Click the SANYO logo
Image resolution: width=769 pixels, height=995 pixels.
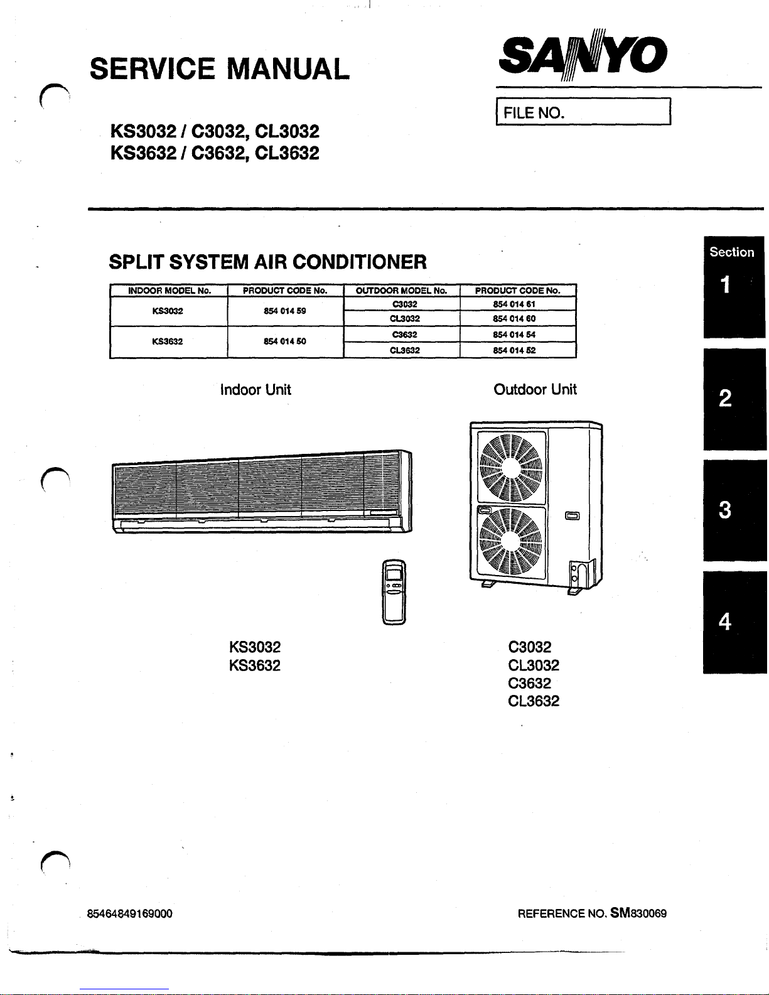click(x=583, y=55)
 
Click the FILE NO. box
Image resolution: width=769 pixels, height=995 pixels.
click(x=584, y=111)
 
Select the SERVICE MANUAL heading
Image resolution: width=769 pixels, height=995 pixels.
click(x=220, y=69)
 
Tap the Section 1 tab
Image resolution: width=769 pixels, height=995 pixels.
click(x=734, y=287)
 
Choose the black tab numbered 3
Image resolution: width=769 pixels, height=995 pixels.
click(x=734, y=510)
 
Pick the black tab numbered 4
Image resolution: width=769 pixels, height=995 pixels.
click(x=734, y=622)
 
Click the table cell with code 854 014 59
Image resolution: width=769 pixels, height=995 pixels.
click(x=285, y=311)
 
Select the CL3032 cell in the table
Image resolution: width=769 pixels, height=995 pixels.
click(x=405, y=319)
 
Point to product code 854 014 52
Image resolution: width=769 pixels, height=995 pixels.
click(x=514, y=350)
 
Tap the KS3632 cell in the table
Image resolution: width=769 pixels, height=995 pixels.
click(x=168, y=342)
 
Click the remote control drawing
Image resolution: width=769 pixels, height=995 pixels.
click(x=394, y=592)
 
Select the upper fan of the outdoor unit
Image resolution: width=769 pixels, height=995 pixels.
click(x=511, y=468)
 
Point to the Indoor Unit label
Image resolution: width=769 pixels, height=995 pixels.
click(x=255, y=390)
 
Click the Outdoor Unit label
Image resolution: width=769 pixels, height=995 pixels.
click(x=535, y=390)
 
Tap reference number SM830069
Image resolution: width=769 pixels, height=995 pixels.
click(x=638, y=913)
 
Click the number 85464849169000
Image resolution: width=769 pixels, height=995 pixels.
click(x=129, y=914)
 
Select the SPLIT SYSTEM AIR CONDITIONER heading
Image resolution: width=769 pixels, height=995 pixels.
click(x=268, y=262)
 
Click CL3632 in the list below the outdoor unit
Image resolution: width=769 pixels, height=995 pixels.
click(x=534, y=701)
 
